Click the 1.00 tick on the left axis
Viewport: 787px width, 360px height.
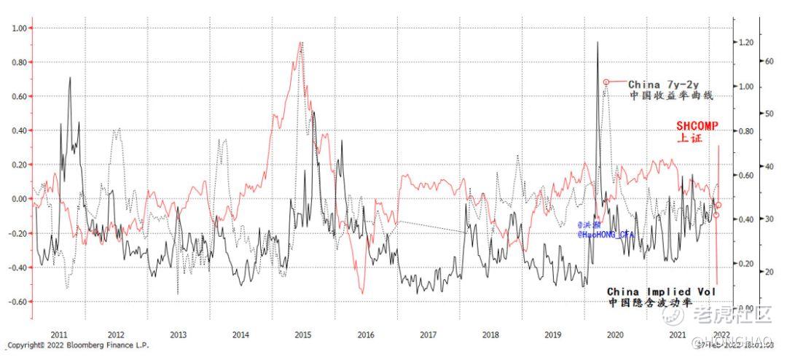(x=17, y=28)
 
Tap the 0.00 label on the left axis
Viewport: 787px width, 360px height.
(x=17, y=199)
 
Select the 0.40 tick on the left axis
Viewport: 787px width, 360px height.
(x=17, y=130)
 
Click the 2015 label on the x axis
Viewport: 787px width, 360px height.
(x=304, y=334)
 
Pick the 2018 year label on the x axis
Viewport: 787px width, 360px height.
(x=491, y=334)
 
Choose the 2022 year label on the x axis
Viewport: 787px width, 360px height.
(x=720, y=334)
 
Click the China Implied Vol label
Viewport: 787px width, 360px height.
(x=661, y=291)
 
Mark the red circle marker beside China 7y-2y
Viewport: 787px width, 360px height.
(x=606, y=82)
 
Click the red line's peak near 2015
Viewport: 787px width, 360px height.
(x=301, y=43)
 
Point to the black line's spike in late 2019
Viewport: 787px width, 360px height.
(x=598, y=42)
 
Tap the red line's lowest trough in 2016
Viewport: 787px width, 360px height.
(x=362, y=292)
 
